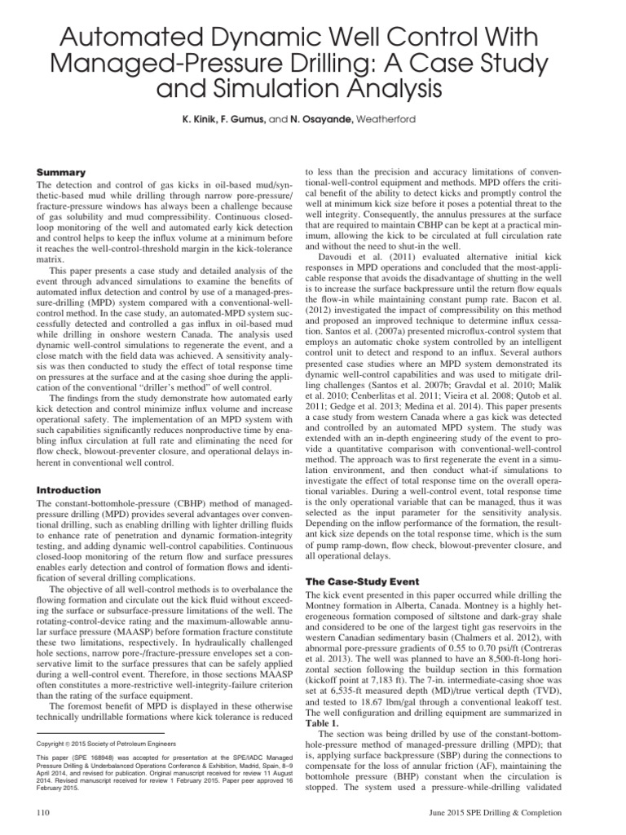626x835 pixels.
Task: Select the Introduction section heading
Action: (69, 490)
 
